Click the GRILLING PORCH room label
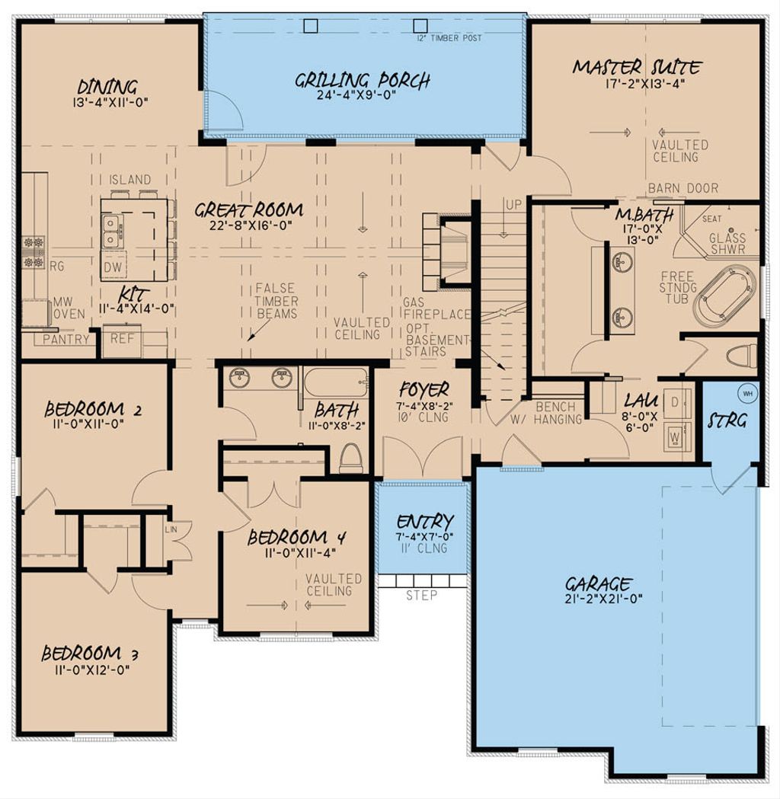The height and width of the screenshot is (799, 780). point(363,79)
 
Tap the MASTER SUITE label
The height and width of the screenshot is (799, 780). point(636,67)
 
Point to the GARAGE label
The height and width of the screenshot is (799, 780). point(598,584)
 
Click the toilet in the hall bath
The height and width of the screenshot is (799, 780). point(351,458)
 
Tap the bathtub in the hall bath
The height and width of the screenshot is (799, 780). point(335,379)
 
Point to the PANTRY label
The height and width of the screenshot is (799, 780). point(66,339)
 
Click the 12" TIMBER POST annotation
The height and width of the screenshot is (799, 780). point(449,38)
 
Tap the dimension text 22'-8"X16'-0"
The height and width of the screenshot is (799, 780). point(248,225)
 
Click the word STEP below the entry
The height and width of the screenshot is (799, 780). point(421,595)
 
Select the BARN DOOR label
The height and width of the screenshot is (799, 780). point(674,187)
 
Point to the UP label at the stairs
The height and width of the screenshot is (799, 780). point(513,205)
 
